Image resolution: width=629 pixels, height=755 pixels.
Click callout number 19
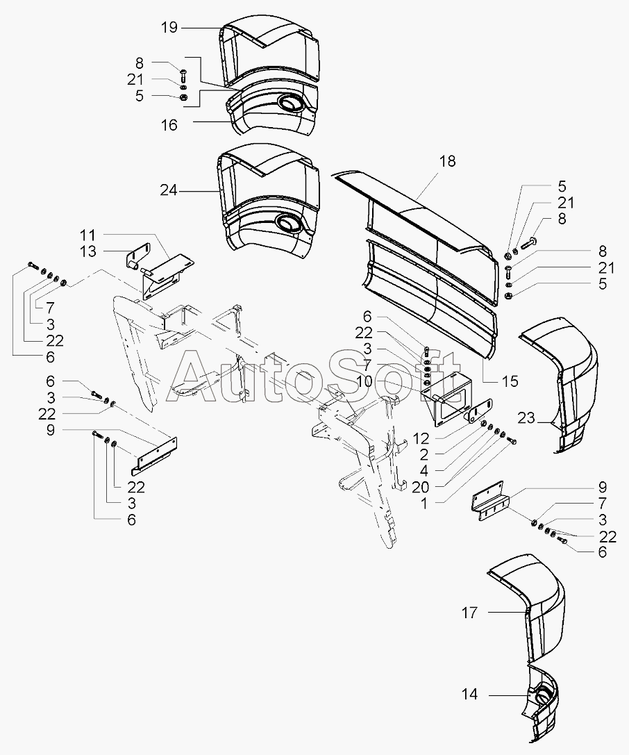tap(169, 28)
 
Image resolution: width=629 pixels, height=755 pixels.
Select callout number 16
tap(169, 125)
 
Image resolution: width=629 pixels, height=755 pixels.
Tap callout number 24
tap(169, 191)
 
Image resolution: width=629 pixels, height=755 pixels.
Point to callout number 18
tap(447, 161)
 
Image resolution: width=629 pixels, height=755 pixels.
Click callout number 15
tap(510, 381)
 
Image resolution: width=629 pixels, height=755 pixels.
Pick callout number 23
tap(526, 417)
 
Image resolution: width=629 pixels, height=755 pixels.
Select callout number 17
tap(469, 613)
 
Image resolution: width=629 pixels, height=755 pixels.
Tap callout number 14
tap(469, 695)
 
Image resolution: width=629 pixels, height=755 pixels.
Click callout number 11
tap(88, 235)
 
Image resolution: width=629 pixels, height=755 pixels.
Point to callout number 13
tap(88, 251)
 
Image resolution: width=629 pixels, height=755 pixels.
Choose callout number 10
tap(364, 381)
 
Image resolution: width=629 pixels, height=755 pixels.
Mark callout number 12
tap(420, 438)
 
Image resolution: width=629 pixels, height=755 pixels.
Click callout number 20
tap(420, 488)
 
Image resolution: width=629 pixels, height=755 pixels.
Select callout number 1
tap(423, 504)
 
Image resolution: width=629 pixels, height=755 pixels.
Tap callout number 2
tap(423, 454)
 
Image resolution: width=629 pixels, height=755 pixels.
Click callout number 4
tap(423, 471)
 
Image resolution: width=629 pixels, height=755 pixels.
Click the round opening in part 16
tap(289, 103)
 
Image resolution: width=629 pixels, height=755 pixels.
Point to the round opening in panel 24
tap(288, 223)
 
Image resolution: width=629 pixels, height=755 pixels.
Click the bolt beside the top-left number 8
tap(184, 75)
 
